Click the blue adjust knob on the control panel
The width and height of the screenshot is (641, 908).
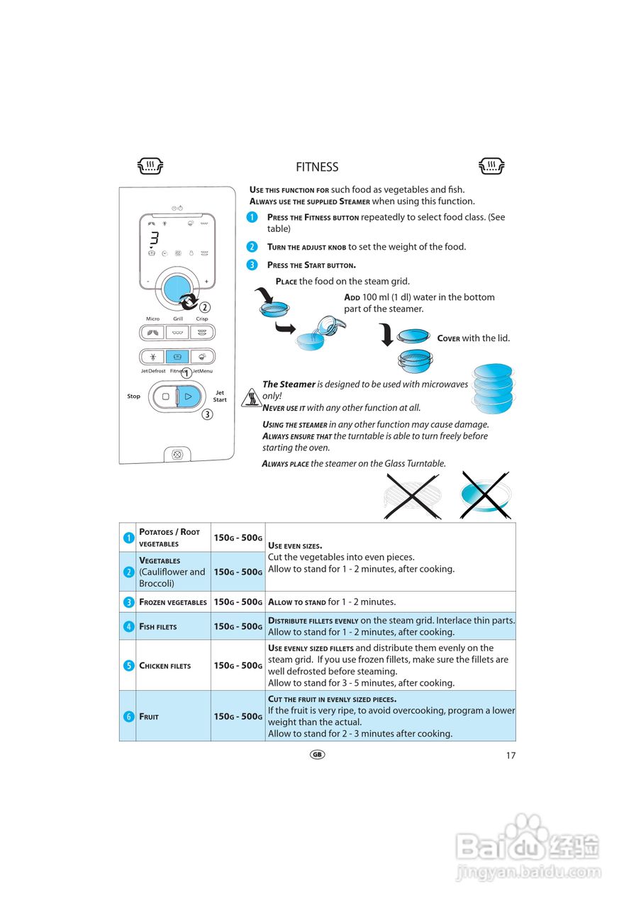click(x=176, y=289)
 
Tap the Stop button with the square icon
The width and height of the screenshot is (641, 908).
click(x=165, y=397)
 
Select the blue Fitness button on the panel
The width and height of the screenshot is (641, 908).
click(x=177, y=357)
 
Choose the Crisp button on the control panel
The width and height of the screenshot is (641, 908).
click(x=203, y=332)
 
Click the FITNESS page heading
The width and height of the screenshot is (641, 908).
click(x=317, y=167)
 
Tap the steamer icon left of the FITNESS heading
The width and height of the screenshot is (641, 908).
click(x=150, y=167)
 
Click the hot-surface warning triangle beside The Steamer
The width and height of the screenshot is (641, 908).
click(x=252, y=398)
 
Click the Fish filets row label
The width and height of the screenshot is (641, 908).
click(x=158, y=627)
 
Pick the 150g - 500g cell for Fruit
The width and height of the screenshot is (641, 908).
click(x=238, y=716)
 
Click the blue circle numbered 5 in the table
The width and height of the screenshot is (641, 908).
click(x=128, y=665)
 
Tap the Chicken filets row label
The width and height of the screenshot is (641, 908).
click(x=165, y=666)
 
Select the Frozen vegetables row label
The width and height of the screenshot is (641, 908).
click(x=173, y=602)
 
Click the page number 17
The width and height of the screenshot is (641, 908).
click(x=511, y=755)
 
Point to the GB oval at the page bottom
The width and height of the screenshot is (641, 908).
click(x=317, y=755)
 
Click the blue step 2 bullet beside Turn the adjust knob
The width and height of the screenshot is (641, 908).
click(x=252, y=247)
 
